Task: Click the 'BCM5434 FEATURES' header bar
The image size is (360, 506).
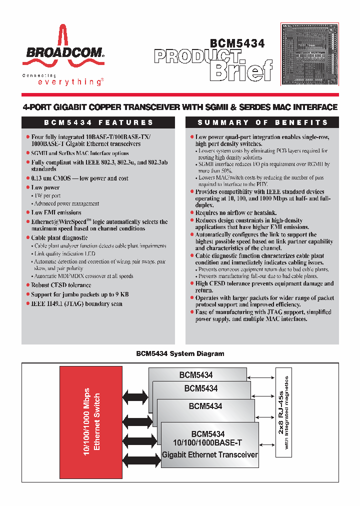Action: (x=99, y=122)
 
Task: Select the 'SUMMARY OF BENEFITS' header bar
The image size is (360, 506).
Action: (x=262, y=122)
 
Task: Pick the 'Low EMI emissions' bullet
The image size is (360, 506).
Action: (x=56, y=212)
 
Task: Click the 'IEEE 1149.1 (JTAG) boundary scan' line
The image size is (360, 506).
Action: (x=76, y=303)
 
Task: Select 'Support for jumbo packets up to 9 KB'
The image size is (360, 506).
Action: (x=80, y=294)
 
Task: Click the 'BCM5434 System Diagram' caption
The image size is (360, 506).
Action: (x=179, y=353)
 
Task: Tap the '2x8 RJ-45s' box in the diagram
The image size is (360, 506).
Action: (x=283, y=412)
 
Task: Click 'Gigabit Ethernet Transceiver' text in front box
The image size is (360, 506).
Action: (x=209, y=454)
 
